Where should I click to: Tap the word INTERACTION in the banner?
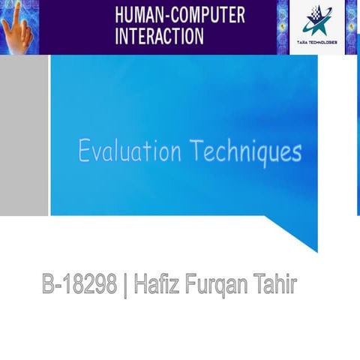159,35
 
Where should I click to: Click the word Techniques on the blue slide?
245,152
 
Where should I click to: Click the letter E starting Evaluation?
84,152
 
